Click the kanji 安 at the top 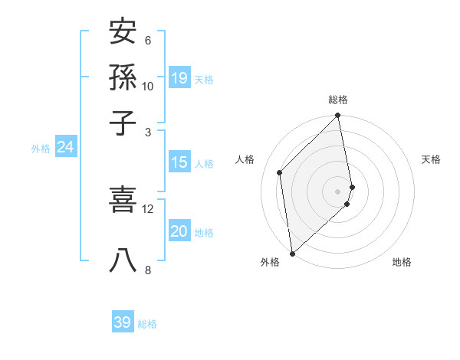click(x=123, y=32)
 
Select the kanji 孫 click(x=123, y=77)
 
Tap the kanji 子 click(x=123, y=123)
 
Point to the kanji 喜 click(x=123, y=200)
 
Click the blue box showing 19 click(x=179, y=78)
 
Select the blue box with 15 click(x=179, y=162)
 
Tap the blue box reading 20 click(x=179, y=231)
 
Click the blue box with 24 click(x=65, y=147)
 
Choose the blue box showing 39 click(x=123, y=322)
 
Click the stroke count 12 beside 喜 click(x=148, y=208)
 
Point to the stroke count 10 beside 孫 click(x=148, y=86)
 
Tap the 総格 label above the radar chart click(x=338, y=100)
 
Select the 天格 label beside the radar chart click(x=431, y=159)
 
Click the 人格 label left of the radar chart click(x=245, y=159)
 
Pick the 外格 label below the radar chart click(x=270, y=262)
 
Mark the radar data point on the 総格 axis click(x=338, y=116)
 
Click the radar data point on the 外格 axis click(x=292, y=253)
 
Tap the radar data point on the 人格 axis click(x=280, y=172)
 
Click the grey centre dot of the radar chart click(x=338, y=191)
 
